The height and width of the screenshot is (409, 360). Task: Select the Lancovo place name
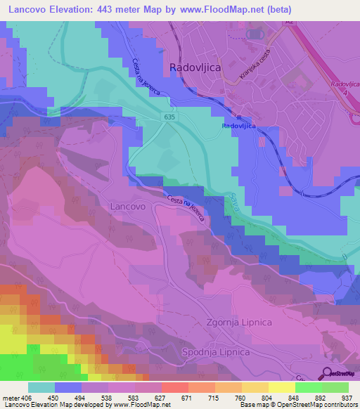(128, 207)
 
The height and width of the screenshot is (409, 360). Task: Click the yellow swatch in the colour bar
(282, 387)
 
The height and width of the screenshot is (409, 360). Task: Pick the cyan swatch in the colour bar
(41, 387)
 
